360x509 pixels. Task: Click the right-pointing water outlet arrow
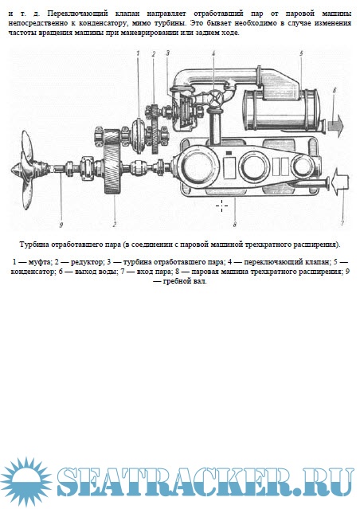pos(335,126)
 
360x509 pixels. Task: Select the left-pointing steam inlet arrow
pos(339,182)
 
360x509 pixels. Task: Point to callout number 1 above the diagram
pos(138,53)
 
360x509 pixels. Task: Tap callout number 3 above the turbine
pos(167,53)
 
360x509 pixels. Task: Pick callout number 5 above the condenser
pos(301,53)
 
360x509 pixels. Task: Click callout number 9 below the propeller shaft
pos(61,225)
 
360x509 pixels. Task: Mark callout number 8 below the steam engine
pos(235,224)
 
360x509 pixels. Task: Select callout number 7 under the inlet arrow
pos(342,223)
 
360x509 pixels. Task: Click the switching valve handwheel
pos(215,98)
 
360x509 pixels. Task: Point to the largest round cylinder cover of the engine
pos(198,166)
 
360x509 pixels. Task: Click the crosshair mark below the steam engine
pos(222,206)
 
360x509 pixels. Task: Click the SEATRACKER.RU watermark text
pos(205,481)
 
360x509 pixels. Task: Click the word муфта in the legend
pos(37,261)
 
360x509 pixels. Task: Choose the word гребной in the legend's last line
pos(176,281)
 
